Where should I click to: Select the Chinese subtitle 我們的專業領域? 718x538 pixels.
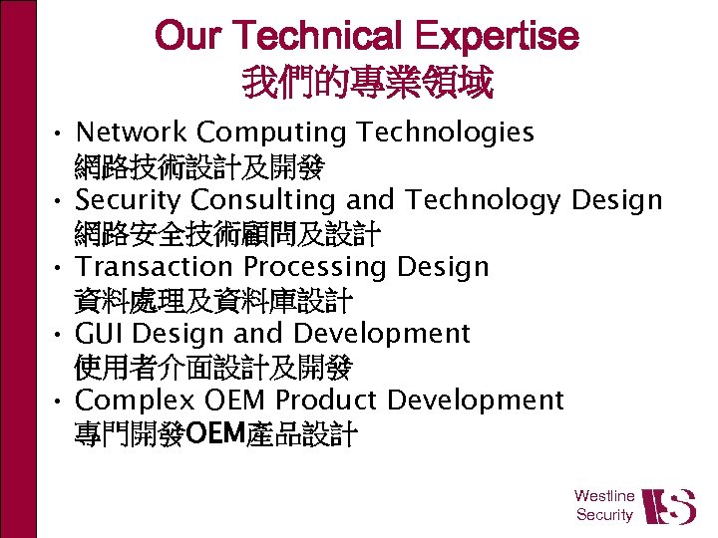click(367, 84)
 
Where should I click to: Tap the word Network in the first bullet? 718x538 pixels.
click(132, 132)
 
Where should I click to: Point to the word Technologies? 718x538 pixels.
click(446, 134)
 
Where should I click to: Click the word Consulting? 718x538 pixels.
click(258, 200)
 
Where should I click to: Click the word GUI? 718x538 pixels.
click(100, 333)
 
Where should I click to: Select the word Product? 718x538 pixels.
click(326, 400)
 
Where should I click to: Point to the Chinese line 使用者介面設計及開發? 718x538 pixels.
click(212, 369)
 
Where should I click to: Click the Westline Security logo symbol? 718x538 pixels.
click(668, 505)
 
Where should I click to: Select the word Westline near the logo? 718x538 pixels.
click(604, 495)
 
